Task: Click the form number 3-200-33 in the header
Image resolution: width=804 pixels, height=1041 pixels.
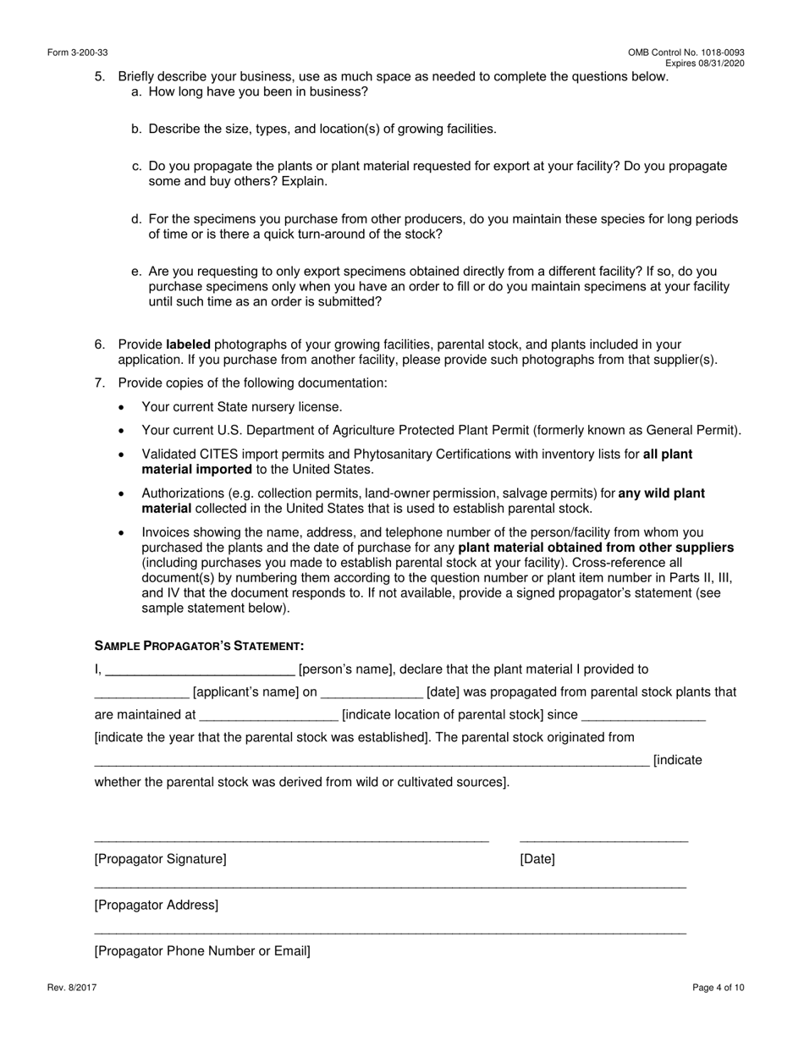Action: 78,53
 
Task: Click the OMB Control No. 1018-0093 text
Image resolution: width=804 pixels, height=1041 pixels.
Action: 686,53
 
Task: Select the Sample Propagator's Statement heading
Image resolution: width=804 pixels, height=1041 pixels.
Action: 199,646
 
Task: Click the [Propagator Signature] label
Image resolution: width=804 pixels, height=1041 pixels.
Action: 161,859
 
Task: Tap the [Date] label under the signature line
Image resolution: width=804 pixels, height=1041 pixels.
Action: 537,859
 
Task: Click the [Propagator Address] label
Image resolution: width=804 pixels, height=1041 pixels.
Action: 157,905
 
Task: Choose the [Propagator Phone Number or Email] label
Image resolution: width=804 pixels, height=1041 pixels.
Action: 202,950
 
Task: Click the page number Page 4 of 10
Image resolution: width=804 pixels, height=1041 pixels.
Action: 719,987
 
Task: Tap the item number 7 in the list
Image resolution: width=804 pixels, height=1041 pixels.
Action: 99,383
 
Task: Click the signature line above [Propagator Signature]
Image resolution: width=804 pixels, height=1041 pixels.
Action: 291,841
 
